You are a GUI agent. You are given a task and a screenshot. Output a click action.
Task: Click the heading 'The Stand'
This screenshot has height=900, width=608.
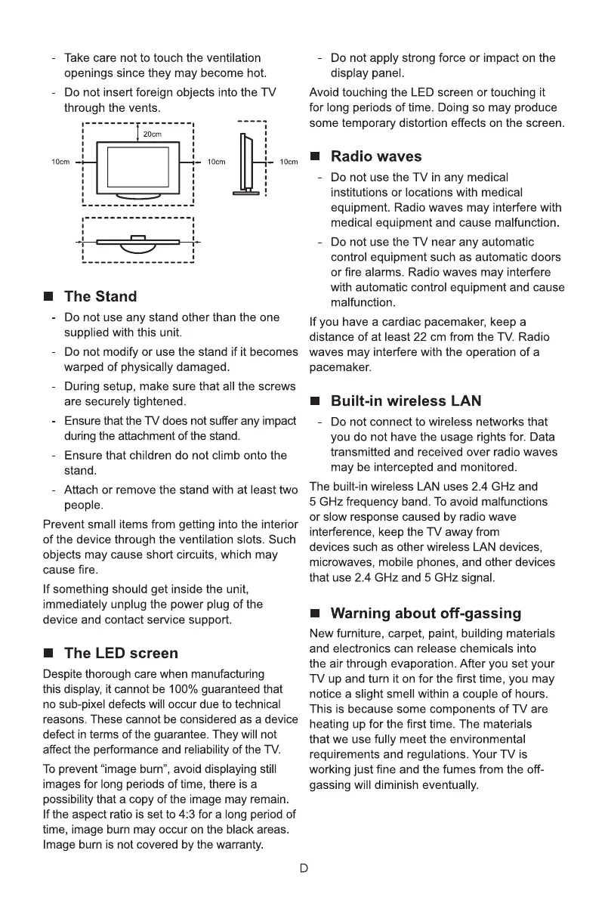(100, 296)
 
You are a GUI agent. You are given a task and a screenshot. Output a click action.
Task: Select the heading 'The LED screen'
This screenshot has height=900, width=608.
(122, 653)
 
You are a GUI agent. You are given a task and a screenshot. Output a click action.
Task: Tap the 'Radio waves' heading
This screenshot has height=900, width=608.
(376, 156)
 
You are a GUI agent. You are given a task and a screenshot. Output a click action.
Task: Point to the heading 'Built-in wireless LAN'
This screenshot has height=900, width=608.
(406, 401)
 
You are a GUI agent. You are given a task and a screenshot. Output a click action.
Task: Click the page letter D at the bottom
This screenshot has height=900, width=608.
(304, 868)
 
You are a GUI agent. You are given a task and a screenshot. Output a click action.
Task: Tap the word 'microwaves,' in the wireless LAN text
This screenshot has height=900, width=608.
(339, 562)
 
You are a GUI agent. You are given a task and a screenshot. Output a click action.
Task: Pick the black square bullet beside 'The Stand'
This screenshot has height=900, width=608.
(48, 296)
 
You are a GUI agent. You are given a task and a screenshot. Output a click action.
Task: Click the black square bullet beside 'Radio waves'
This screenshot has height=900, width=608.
(316, 156)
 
